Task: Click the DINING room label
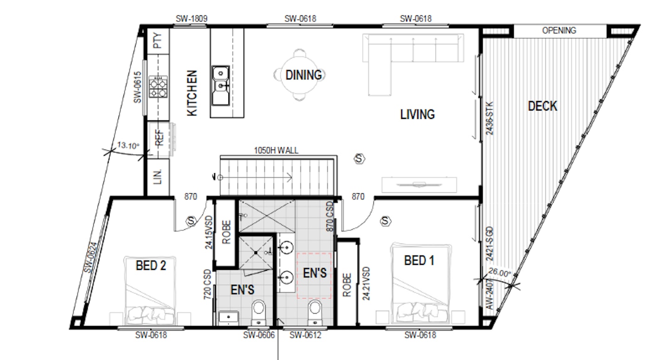[304, 75]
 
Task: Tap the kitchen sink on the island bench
[221, 85]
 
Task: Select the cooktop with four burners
[158, 86]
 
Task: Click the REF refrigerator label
[159, 137]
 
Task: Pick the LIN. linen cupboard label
[157, 177]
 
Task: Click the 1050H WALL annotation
[276, 151]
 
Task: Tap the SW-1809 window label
[191, 19]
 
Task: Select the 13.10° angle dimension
[128, 145]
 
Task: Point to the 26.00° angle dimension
[500, 272]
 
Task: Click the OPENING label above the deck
[559, 31]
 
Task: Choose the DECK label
[543, 106]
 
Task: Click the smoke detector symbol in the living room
[359, 159]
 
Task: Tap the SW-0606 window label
[259, 335]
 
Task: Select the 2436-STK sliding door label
[489, 118]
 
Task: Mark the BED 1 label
[419, 261]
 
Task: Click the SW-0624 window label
[91, 257]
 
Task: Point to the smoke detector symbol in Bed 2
[191, 221]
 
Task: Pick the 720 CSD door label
[207, 284]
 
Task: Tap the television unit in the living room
[419, 185]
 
